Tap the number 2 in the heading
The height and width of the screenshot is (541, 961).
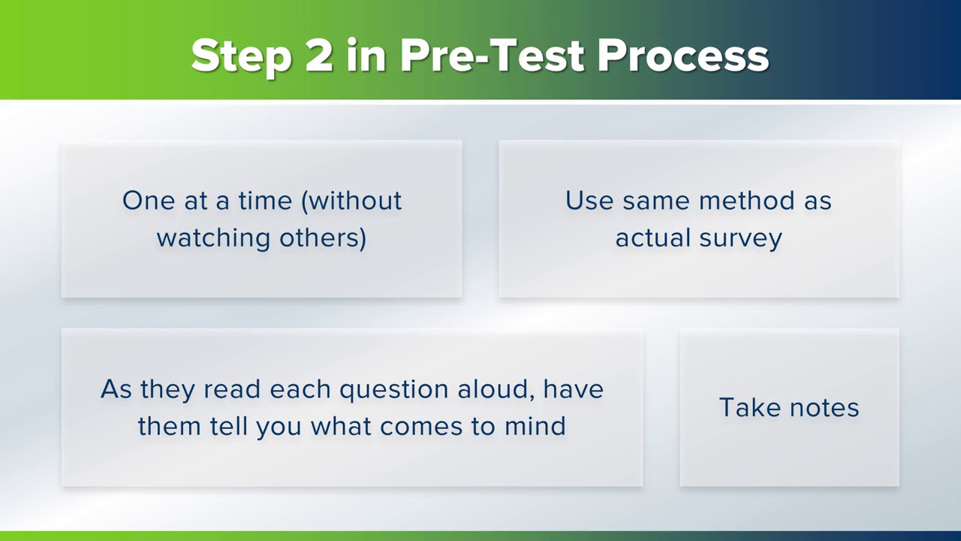point(319,56)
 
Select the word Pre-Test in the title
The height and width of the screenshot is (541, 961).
point(492,56)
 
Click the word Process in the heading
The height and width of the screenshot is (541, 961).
point(683,56)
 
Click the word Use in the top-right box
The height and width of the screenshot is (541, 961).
point(589,201)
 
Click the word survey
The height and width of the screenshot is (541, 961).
point(741,238)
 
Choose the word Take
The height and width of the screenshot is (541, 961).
point(746,407)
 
